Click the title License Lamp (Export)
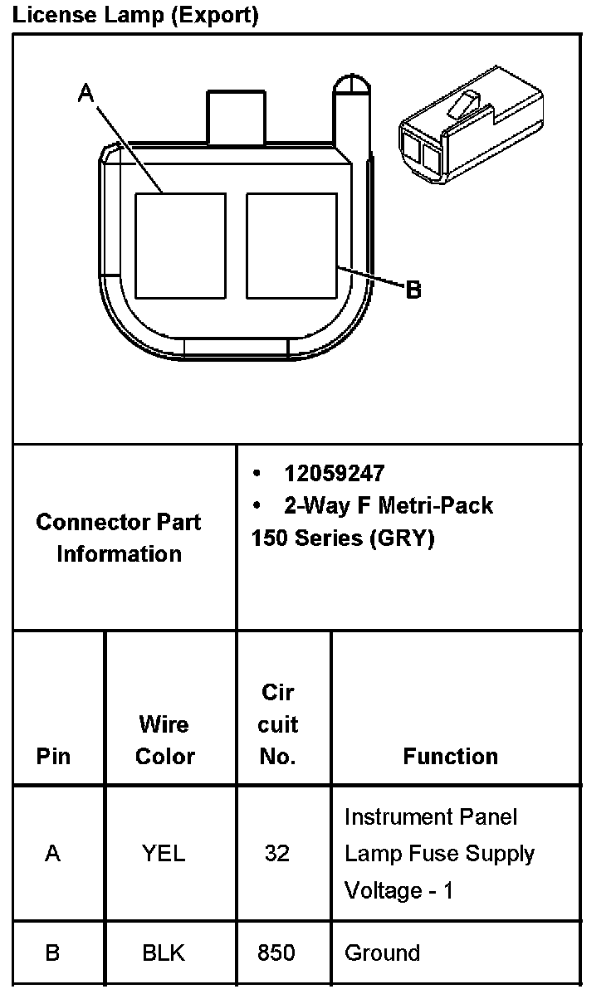tap(135, 15)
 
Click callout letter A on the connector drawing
tap(86, 94)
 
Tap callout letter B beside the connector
tap(413, 290)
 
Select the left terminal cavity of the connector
tap(180, 246)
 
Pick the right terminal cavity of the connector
tap(291, 246)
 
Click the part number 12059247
tap(334, 473)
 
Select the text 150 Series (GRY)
tap(342, 538)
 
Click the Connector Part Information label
tap(119, 538)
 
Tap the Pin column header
tap(53, 756)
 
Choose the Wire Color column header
tap(164, 740)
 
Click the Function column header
tap(450, 756)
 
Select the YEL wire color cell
tap(164, 853)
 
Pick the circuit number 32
tap(276, 853)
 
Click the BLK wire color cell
tap(164, 953)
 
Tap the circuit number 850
tap(276, 953)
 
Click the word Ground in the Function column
tap(382, 953)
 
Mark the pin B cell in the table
tap(52, 953)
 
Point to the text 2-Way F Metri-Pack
tap(388, 505)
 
